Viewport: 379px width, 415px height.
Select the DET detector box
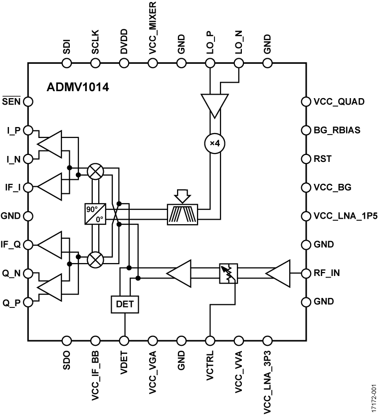pos(125,304)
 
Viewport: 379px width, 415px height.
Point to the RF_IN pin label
pos(328,274)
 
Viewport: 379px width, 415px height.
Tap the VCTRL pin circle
pos(210,341)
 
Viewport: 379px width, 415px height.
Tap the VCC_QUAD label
pos(339,102)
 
